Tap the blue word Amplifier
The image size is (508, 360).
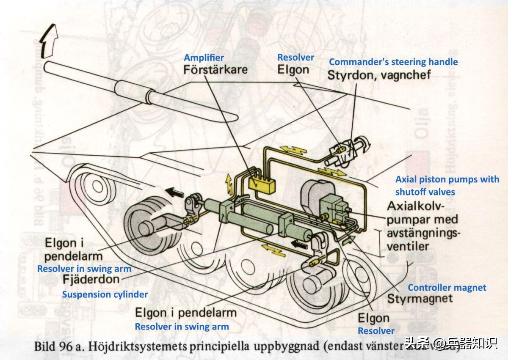pyautogui.click(x=204, y=58)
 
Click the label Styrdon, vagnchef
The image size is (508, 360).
pyautogui.click(x=379, y=75)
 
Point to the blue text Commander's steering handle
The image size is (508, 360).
pyautogui.click(x=393, y=62)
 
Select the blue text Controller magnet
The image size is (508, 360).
pyautogui.click(x=447, y=288)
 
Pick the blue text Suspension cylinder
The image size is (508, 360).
pyautogui.click(x=105, y=294)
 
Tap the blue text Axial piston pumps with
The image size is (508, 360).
pyautogui.click(x=447, y=179)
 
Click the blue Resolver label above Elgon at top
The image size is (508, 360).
pyautogui.click(x=295, y=57)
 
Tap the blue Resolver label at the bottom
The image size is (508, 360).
pyautogui.click(x=376, y=331)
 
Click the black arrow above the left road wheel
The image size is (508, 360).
pyautogui.click(x=175, y=192)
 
